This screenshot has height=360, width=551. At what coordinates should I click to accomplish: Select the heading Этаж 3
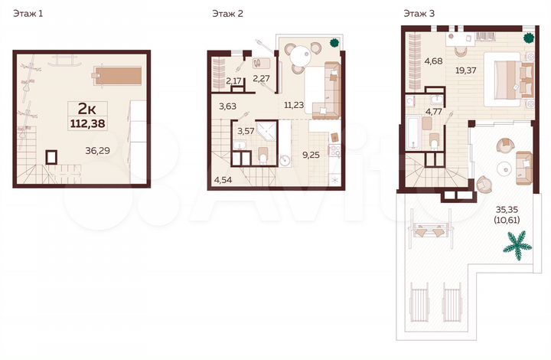click(420, 14)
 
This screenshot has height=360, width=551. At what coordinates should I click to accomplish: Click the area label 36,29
click(99, 151)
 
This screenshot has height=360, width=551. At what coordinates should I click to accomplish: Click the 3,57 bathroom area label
click(246, 132)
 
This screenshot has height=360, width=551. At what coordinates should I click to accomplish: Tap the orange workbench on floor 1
click(118, 76)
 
